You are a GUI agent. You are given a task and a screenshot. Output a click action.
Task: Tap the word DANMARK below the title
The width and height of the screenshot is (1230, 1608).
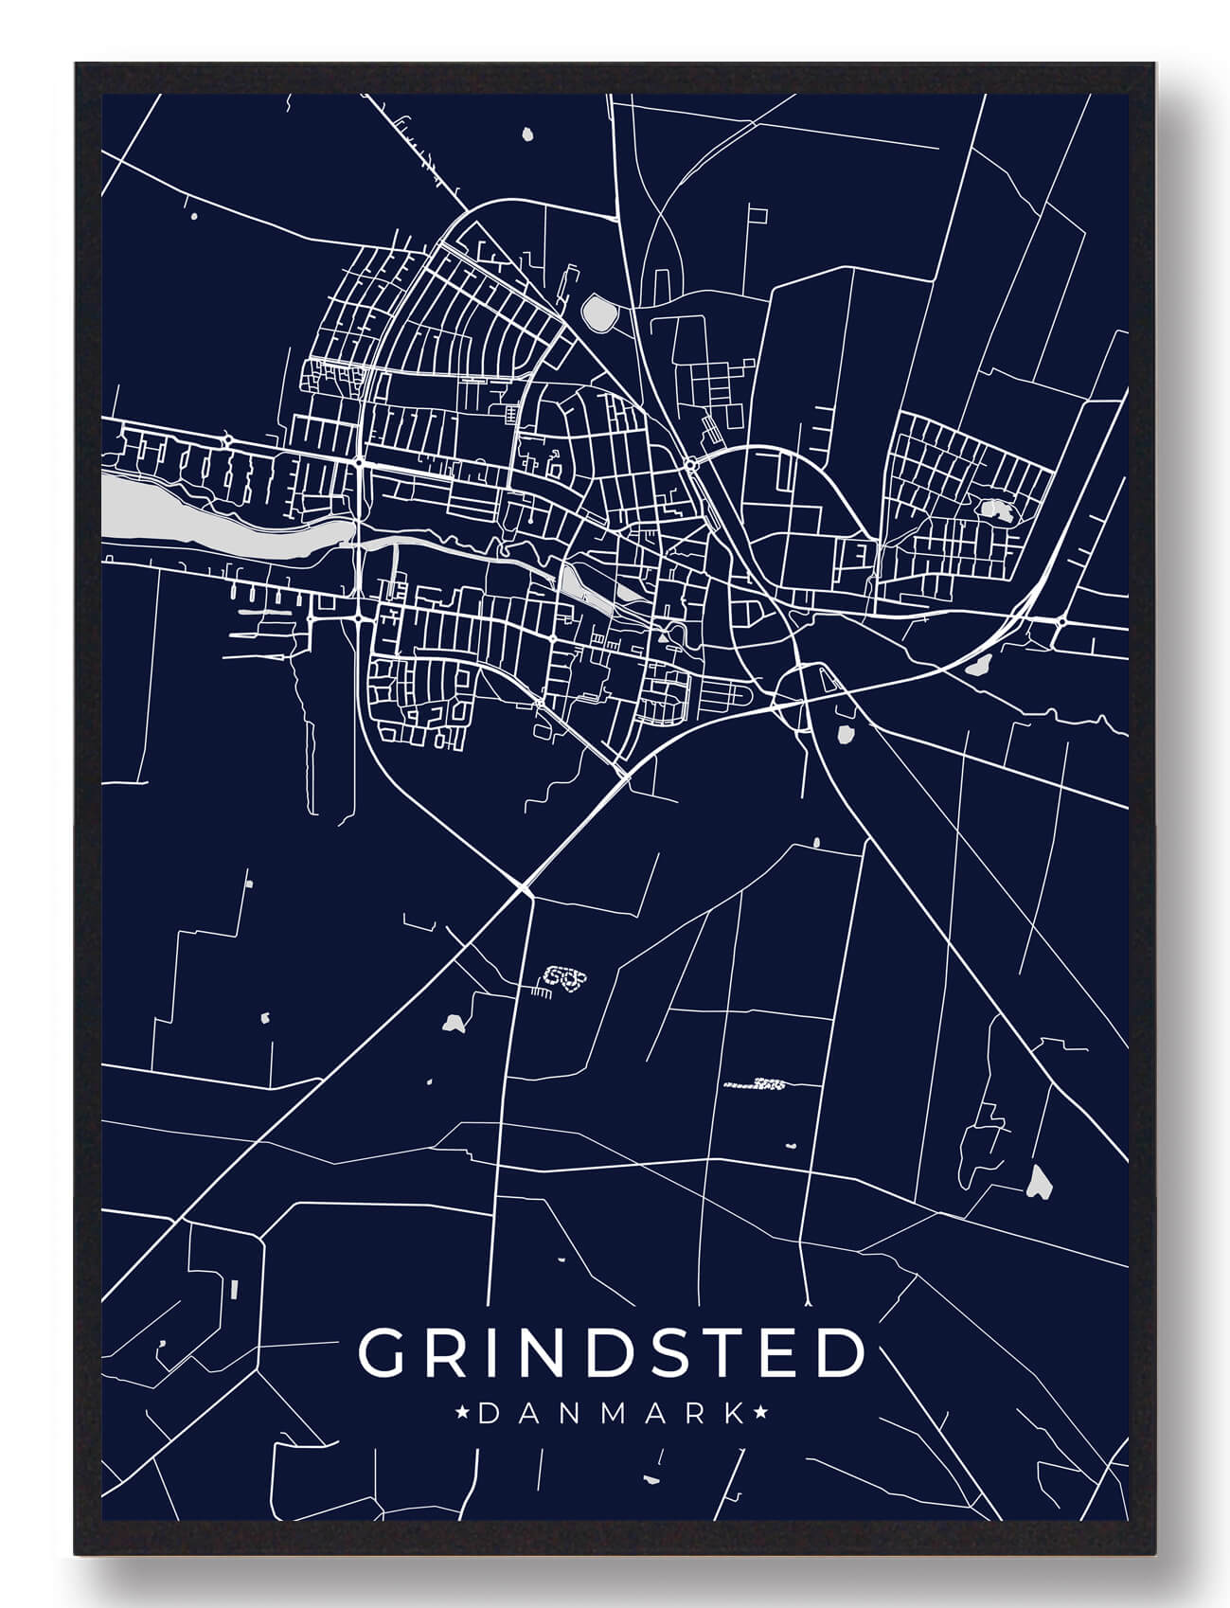611,1415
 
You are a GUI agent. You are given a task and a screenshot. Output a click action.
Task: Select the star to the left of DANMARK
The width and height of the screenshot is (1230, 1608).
463,1415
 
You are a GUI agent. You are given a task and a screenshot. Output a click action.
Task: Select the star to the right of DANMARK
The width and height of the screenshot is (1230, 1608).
759,1415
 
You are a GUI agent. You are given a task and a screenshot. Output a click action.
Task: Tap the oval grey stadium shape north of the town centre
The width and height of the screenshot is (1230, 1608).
598,312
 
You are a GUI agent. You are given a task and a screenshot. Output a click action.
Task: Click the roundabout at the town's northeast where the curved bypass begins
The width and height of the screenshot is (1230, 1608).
692,464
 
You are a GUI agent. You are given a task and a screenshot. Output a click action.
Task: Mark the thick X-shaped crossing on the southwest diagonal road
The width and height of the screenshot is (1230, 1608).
524,888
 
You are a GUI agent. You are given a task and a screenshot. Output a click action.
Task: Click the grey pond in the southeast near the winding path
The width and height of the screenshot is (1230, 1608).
1039,1181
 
